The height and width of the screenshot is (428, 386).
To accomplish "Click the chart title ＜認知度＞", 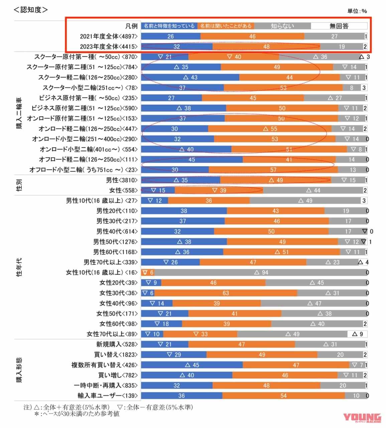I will (x=31, y=10).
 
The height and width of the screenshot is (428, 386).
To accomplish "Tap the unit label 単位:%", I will (x=357, y=11).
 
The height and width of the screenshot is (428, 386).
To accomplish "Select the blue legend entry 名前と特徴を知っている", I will (x=169, y=26).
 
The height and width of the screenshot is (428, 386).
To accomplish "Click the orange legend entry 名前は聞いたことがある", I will (x=226, y=26).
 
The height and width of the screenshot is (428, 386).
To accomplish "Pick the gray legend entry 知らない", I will (x=282, y=26).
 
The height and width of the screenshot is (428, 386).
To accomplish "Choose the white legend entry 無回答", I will (x=339, y=26).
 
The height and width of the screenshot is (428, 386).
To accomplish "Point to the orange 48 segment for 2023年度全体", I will (x=266, y=46).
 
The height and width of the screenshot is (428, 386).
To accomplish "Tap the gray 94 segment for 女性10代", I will (x=261, y=273).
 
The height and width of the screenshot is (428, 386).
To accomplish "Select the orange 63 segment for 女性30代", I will (x=226, y=293).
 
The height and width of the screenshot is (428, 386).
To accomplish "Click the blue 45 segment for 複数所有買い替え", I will (x=191, y=365).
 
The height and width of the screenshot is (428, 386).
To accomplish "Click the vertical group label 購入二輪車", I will (x=20, y=114).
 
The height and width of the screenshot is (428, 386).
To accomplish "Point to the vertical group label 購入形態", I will (x=20, y=370).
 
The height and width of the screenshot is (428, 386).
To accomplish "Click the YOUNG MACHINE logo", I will (x=362, y=418).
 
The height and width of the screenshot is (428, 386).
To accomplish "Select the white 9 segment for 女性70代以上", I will (x=357, y=334).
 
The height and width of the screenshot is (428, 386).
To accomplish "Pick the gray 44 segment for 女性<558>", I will (x=313, y=190).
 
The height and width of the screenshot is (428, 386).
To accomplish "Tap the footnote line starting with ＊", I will (x=77, y=414).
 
